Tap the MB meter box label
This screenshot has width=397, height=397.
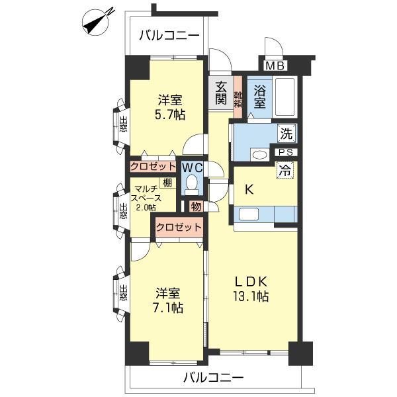coord(275,66)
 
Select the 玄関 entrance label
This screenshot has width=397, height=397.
coord(221,93)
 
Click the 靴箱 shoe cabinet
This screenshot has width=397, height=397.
coord(238,97)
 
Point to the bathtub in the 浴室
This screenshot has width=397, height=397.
coord(285,97)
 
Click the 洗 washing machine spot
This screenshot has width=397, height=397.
coord(287,133)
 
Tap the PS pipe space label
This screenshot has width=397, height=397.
coord(286,152)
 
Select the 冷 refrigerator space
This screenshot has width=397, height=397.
coord(285,170)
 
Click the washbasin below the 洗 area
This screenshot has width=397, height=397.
coord(259,154)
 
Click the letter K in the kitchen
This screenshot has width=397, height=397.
coord(249,189)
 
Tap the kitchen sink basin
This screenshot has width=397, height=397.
coord(249,214)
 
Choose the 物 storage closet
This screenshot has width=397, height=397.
coord(196,206)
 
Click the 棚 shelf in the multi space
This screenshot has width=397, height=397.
coord(167,183)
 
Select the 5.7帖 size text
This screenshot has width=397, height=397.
coord(170,114)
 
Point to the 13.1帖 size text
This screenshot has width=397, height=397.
coord(251,296)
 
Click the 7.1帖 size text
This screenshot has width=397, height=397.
coord(168,308)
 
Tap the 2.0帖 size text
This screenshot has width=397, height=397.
coord(146,207)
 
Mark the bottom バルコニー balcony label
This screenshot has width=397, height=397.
coord(213,378)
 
